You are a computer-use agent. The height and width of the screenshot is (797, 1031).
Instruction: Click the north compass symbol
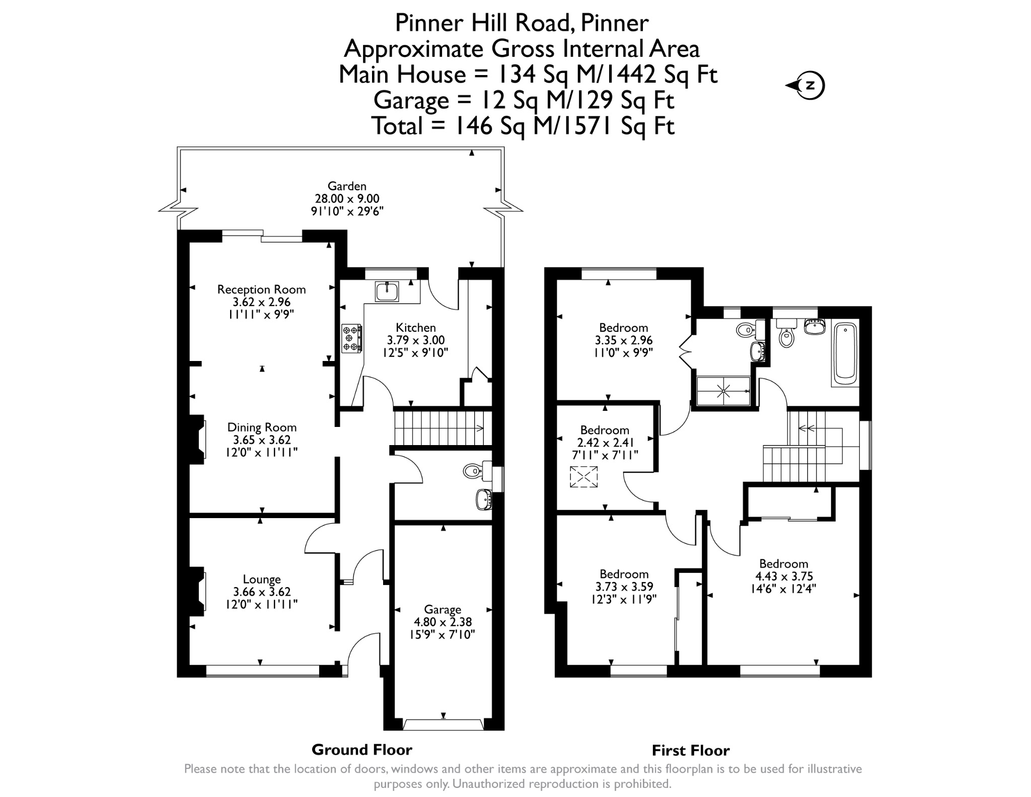805,85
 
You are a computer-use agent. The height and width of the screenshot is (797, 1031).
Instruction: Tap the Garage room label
443,609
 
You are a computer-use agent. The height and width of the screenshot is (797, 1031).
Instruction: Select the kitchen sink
387,291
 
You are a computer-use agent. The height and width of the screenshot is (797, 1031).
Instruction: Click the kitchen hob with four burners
352,338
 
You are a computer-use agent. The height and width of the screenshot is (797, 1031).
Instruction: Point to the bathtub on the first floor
846,353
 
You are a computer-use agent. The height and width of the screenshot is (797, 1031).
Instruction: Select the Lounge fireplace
198,591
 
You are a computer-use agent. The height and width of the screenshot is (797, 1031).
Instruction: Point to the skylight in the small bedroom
583,477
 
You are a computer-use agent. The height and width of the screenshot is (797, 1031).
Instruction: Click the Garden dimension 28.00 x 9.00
347,198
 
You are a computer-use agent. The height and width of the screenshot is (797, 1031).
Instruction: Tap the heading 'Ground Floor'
362,750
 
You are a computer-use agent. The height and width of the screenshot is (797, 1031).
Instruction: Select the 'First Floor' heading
691,751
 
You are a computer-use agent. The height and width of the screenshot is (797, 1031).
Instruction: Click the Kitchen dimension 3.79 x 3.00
416,340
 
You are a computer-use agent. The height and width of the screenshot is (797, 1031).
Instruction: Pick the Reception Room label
261,289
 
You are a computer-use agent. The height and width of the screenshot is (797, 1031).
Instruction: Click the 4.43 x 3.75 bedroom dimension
784,576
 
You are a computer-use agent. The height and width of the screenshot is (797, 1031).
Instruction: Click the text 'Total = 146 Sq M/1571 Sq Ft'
523,125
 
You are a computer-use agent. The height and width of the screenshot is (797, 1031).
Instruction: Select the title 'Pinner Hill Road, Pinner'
522,23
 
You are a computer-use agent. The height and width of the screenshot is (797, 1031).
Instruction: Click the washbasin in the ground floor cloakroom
484,499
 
